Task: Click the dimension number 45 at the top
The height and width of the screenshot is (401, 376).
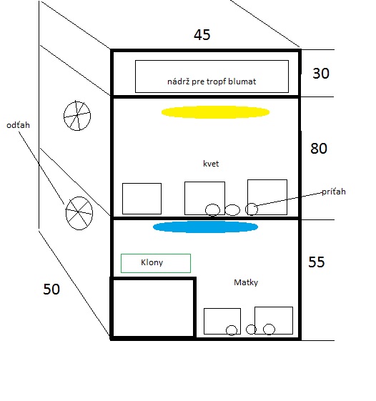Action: (x=202, y=35)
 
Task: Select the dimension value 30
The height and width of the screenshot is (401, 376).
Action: (x=321, y=74)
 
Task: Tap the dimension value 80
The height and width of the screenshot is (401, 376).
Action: (x=319, y=149)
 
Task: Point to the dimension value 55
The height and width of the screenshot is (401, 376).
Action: (x=317, y=262)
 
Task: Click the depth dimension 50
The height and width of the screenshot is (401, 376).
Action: (x=51, y=289)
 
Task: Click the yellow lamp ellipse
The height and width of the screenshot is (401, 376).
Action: (x=215, y=112)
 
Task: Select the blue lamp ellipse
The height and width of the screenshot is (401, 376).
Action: (x=205, y=227)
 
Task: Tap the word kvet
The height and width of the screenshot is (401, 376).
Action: (x=211, y=164)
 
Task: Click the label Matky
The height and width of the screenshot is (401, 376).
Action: (x=246, y=282)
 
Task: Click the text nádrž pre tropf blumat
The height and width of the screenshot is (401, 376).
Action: (x=212, y=81)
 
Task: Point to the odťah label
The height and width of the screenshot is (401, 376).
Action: (x=18, y=125)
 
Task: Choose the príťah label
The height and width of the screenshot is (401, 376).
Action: (x=334, y=192)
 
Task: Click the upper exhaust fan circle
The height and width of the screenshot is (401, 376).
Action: (x=64, y=116)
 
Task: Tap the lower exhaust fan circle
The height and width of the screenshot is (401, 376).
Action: (x=66, y=213)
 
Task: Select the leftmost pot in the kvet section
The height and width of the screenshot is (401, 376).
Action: (x=122, y=199)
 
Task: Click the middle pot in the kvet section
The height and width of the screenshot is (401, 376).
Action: (x=184, y=198)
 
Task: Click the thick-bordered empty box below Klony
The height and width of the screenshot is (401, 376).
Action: (x=112, y=307)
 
